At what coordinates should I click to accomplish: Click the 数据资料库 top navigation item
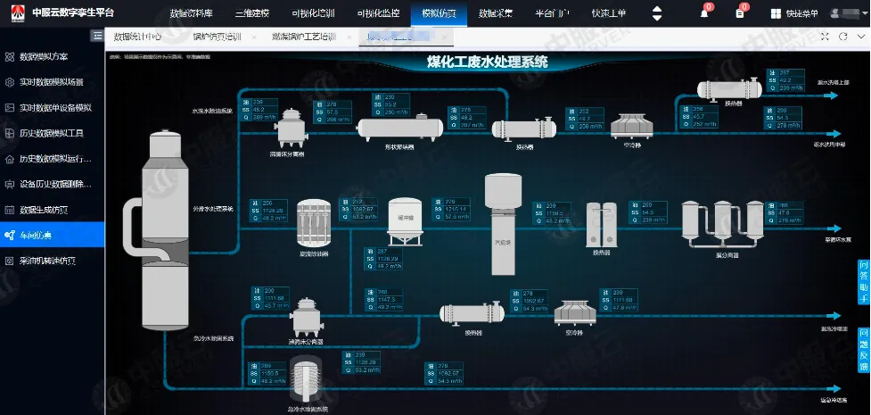190,13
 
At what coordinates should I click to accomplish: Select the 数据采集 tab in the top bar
495,13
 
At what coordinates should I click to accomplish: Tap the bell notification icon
704,13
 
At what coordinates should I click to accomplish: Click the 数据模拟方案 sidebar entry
55,56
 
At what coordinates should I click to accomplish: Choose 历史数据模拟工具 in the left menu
55,133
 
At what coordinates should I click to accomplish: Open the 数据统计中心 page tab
138,37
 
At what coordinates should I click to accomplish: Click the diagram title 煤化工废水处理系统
487,62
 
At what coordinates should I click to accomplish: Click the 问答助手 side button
863,282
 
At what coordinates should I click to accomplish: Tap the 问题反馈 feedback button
863,349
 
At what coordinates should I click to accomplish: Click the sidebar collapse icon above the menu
96,35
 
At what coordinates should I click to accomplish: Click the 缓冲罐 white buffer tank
405,222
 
